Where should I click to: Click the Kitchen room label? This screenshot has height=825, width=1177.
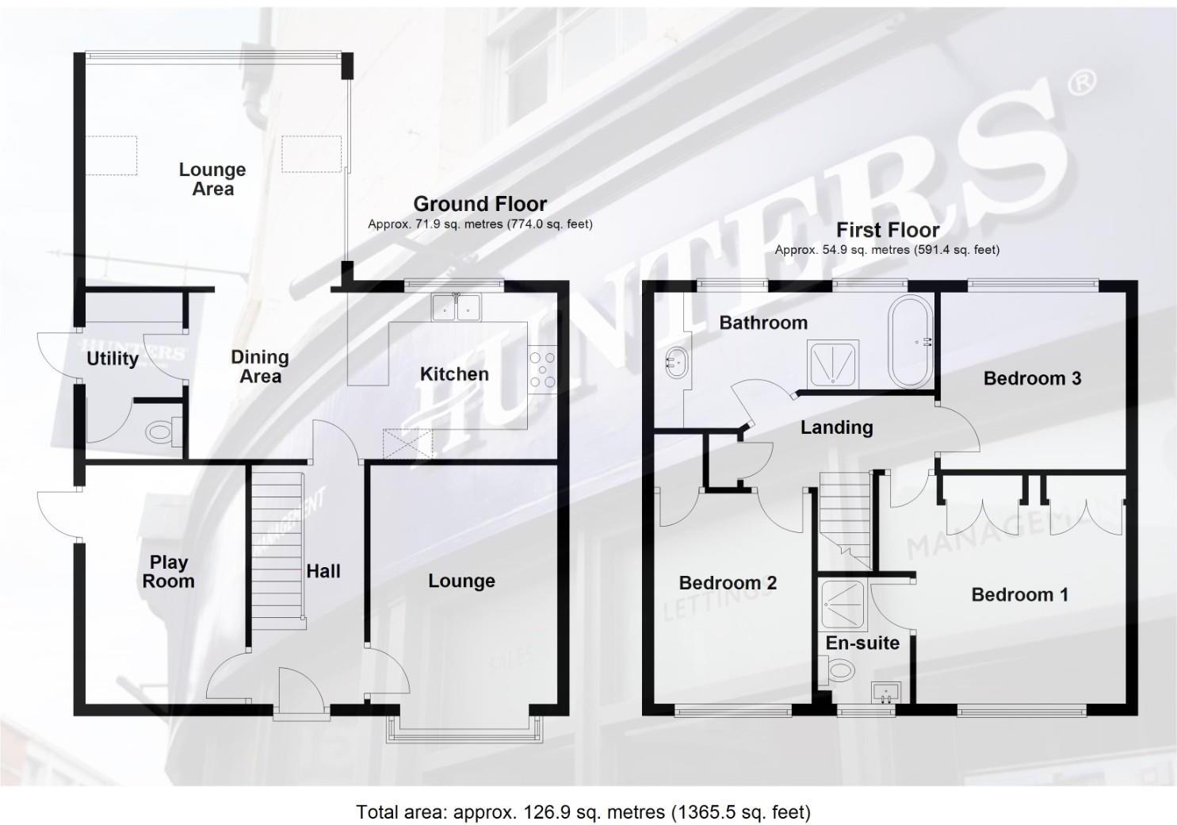pyautogui.click(x=454, y=374)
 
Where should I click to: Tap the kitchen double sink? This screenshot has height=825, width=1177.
pyautogui.click(x=457, y=307)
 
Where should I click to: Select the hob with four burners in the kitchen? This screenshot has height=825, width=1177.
pyautogui.click(x=544, y=370)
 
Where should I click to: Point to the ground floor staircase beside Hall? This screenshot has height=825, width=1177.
pyautogui.click(x=277, y=547)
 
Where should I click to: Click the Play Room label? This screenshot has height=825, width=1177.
pyautogui.click(x=168, y=571)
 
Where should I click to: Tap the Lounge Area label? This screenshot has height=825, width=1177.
pyautogui.click(x=212, y=178)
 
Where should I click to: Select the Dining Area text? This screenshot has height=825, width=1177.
pyautogui.click(x=260, y=366)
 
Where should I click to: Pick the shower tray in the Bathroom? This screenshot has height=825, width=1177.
pyautogui.click(x=832, y=363)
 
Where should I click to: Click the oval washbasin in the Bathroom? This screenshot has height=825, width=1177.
pyautogui.click(x=675, y=363)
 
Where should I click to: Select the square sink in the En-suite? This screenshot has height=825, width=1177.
pyautogui.click(x=885, y=693)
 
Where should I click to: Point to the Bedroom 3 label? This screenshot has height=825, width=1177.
pyautogui.click(x=1032, y=378)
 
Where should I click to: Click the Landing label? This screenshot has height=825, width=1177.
pyautogui.click(x=836, y=427)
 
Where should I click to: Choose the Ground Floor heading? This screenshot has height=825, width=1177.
pyautogui.click(x=480, y=204)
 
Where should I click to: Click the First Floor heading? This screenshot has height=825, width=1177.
pyautogui.click(x=887, y=230)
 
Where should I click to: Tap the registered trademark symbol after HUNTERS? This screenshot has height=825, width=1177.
pyautogui.click(x=1083, y=81)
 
